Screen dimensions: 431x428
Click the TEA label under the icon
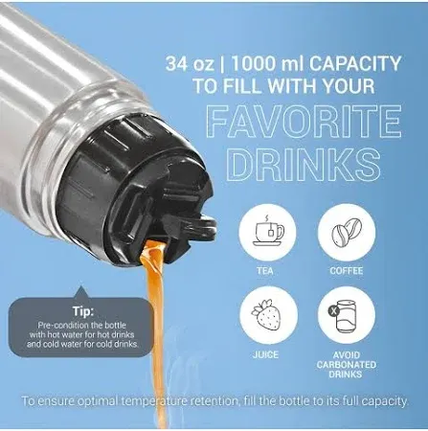click(x=268, y=271)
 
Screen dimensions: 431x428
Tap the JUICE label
click(x=268, y=354)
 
